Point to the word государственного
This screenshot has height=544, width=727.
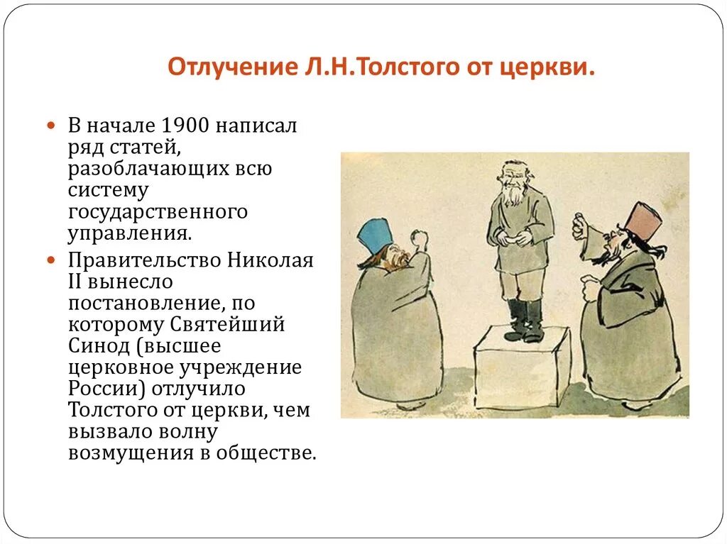[x=158, y=211]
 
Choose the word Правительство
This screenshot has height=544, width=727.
[x=145, y=260]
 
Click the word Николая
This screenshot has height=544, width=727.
[x=270, y=260]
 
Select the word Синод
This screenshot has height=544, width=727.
[x=95, y=346]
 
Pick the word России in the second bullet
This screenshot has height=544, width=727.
[x=99, y=389]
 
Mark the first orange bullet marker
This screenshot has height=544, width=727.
[x=51, y=126]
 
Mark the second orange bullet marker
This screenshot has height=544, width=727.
[x=51, y=260]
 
